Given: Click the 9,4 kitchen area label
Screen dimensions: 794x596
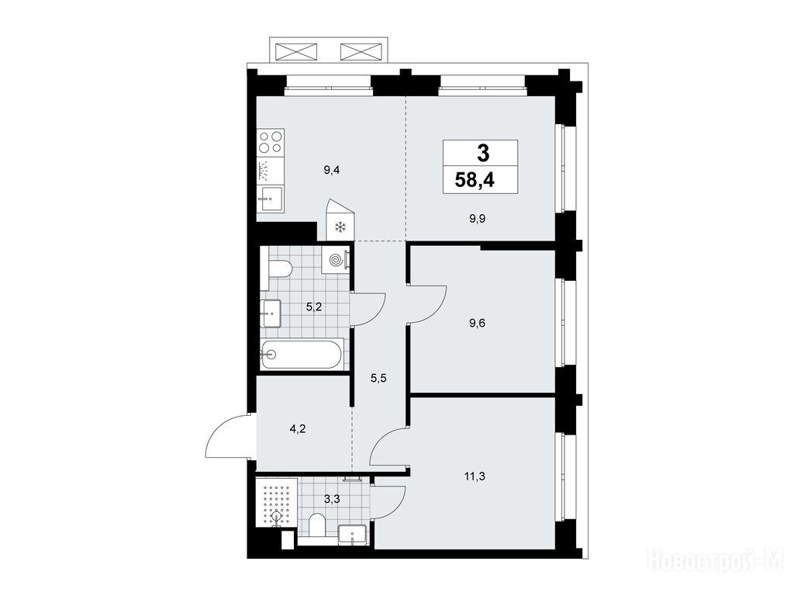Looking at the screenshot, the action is point(331,170).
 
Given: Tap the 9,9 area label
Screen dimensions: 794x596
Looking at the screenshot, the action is point(477,219).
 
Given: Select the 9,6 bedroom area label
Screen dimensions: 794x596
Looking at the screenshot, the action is point(477,323).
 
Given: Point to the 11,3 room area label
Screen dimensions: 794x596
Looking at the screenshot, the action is point(475,476).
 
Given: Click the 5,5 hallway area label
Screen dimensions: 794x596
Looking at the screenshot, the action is point(378,378).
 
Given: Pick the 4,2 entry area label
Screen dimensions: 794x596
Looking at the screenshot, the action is point(298,429).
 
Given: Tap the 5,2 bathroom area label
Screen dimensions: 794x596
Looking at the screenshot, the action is point(314,307).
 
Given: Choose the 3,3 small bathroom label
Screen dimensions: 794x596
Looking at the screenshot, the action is point(332,499).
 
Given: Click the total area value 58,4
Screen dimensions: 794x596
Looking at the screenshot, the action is point(475,180).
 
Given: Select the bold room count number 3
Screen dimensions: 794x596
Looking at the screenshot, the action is point(482,153).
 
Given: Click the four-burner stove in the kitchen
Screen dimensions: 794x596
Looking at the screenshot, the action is point(271,141).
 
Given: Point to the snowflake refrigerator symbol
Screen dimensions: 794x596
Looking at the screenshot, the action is point(341,227).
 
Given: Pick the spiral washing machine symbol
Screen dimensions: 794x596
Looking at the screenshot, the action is point(336,260).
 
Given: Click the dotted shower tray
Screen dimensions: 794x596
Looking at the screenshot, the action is point(277,502).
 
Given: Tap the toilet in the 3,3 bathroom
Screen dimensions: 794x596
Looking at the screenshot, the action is point(317,525).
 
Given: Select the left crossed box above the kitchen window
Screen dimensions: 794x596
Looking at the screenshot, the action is point(296,51).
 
